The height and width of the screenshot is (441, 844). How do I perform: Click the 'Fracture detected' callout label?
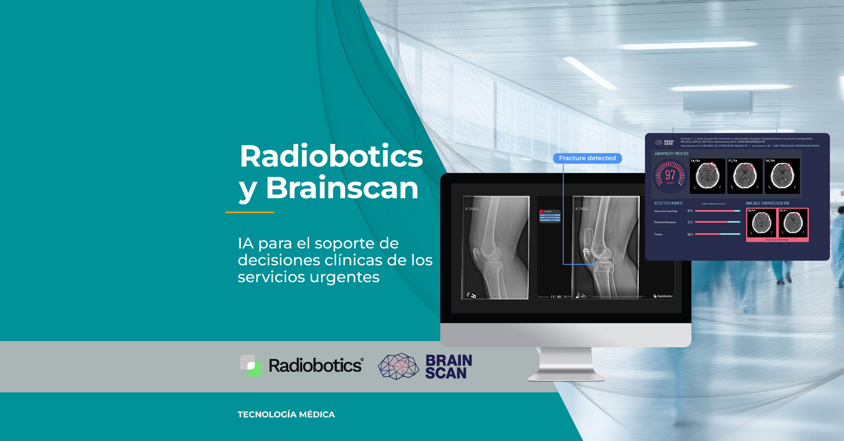[x=587, y=158]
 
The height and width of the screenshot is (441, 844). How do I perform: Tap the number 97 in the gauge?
[x=670, y=175]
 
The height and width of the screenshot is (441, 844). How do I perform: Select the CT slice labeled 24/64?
[x=707, y=176]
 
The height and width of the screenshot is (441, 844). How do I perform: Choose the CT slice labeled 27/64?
[x=745, y=176]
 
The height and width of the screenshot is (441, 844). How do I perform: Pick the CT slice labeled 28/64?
[x=782, y=176]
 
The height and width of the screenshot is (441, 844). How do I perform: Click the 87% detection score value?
[x=690, y=211]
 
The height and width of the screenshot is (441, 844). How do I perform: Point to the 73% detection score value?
[x=690, y=223]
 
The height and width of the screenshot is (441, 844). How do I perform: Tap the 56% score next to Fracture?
[x=690, y=234]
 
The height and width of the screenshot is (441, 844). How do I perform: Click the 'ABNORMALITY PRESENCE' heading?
[x=671, y=154]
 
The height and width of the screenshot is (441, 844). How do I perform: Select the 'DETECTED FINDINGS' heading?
[x=668, y=203]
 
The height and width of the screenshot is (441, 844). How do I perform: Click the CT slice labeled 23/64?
[x=762, y=223]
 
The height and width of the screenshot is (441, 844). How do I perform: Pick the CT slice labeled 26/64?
[x=793, y=223]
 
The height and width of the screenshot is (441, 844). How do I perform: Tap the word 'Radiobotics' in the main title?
[x=331, y=156]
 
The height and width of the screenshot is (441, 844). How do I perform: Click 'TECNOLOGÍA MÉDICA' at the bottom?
[x=286, y=414]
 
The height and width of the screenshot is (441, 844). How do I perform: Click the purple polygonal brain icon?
[x=398, y=366]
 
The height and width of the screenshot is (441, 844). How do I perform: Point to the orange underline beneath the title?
[x=249, y=212]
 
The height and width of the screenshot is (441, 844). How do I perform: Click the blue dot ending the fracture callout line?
[x=593, y=264]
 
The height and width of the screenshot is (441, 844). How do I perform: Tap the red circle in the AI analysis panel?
[x=541, y=211]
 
